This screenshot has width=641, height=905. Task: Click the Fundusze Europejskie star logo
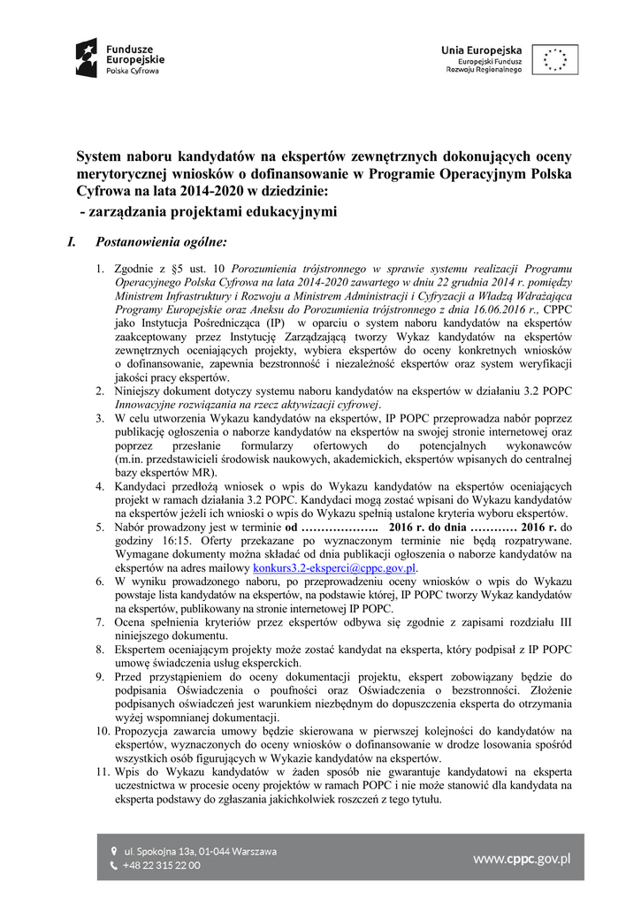tap(86, 57)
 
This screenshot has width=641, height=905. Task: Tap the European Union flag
tap(555, 58)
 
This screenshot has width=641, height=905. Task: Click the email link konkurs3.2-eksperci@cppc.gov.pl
tap(334, 567)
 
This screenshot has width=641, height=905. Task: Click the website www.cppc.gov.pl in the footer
tap(522, 857)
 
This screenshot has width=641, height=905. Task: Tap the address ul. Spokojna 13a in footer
tap(199, 851)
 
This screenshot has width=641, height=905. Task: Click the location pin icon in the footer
tap(113, 851)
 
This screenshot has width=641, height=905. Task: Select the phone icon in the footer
tap(113, 865)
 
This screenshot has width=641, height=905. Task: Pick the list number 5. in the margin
tap(100, 527)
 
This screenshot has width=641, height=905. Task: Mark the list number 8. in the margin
tap(100, 649)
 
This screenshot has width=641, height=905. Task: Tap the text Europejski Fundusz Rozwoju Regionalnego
tap(484, 65)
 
